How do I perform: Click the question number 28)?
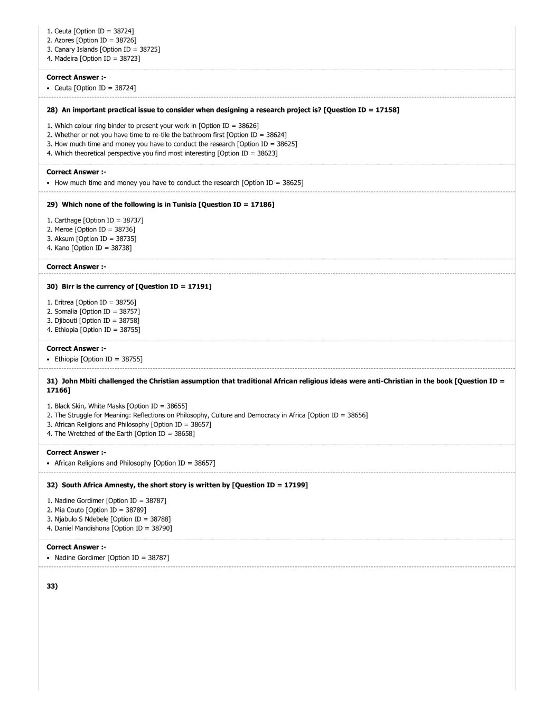[52, 110]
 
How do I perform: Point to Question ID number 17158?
[385, 110]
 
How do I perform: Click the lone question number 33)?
[52, 586]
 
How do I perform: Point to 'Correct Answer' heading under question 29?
[76, 267]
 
